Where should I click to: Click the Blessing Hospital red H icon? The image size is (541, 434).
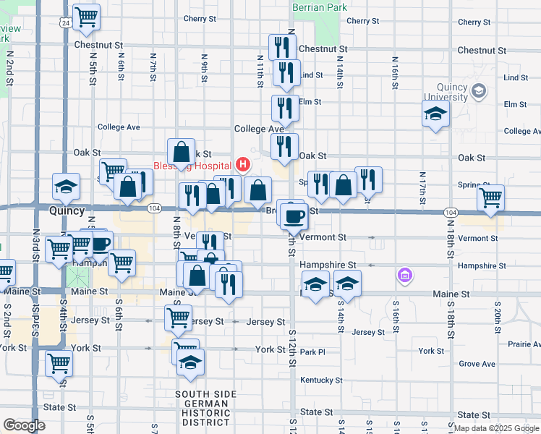243,164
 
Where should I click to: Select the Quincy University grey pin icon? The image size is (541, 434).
478,91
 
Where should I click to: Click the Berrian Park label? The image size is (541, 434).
319,7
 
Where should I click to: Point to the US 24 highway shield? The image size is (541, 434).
66,23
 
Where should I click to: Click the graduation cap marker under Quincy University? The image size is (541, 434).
435,114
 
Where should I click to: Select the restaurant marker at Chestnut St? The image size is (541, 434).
281,48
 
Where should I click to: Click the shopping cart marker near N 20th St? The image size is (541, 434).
491,197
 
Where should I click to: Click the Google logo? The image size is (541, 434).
24,425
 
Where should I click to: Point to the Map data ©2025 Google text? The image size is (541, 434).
495,428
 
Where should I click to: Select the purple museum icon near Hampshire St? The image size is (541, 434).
404,275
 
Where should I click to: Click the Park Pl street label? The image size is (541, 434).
313,352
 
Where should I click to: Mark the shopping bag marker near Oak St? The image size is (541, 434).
181,152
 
